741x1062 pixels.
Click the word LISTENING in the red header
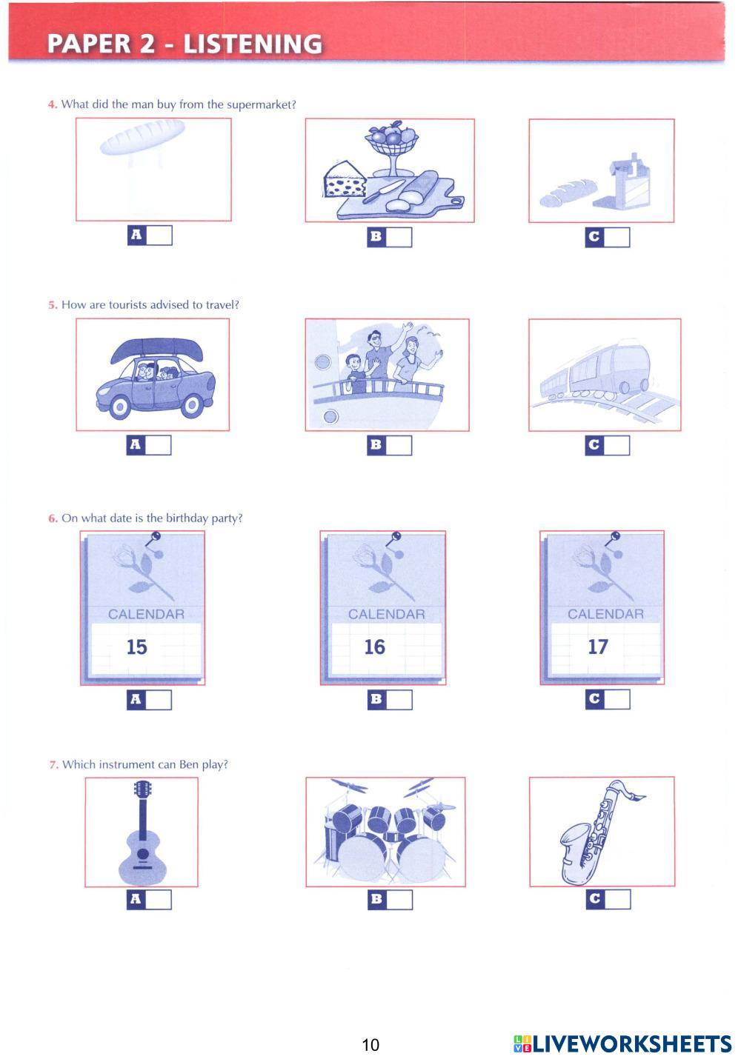(253, 44)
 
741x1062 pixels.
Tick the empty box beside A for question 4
(160, 236)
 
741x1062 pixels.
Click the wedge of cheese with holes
(345, 179)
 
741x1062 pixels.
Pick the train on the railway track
(596, 370)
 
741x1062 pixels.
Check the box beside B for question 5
(399, 446)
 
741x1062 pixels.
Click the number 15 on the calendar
(136, 647)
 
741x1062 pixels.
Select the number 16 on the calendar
(375, 647)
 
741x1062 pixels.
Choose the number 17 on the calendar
(598, 647)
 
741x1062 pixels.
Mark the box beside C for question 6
(617, 699)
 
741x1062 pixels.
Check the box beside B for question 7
(400, 900)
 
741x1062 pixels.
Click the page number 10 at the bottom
(370, 1045)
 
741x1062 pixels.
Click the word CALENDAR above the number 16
(387, 615)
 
